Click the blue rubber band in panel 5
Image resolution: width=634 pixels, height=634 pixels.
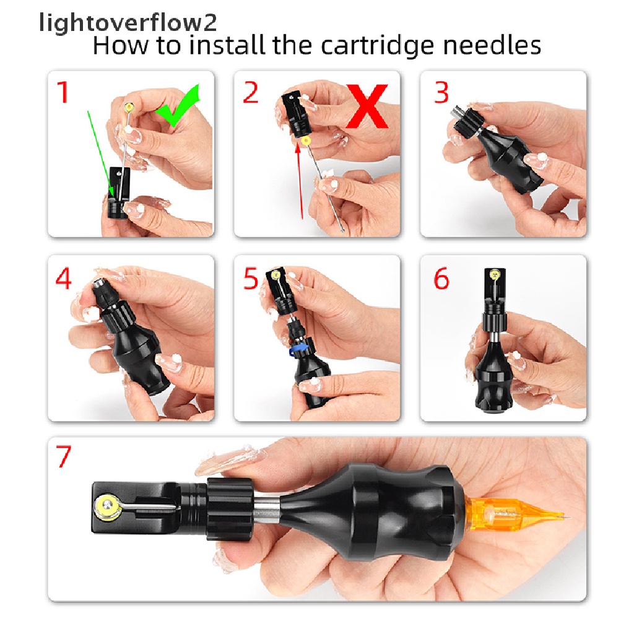[296, 350]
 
